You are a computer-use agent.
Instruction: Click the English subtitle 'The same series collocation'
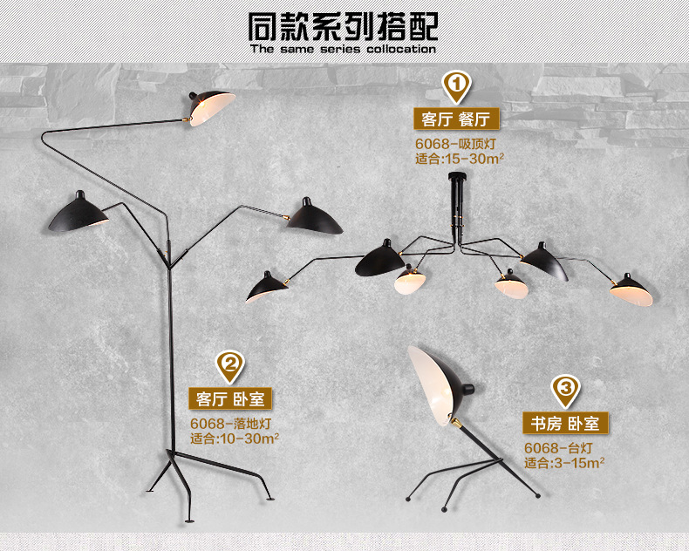342,50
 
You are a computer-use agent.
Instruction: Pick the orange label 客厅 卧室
229,399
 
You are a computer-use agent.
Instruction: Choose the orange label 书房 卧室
565,424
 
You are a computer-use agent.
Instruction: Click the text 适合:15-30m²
459,159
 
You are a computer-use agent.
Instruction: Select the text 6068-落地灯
229,424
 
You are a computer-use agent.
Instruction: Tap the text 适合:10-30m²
234,439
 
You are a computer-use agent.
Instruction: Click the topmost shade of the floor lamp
213,105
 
